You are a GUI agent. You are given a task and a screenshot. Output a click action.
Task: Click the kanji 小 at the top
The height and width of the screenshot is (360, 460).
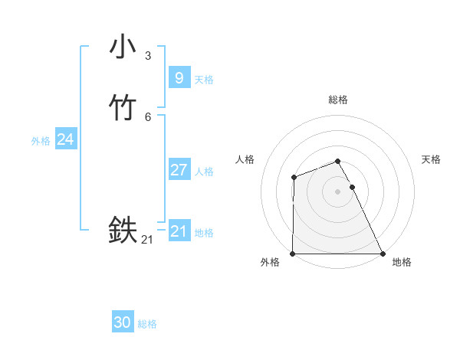click(123, 47)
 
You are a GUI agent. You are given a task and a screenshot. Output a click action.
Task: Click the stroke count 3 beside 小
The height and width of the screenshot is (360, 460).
click(148, 55)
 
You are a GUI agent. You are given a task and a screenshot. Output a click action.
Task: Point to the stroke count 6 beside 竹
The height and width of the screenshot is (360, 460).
click(148, 116)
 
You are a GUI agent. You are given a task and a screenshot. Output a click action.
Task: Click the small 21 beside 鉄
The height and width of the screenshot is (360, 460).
click(147, 240)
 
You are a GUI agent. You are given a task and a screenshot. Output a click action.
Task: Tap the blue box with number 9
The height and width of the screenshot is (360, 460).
click(179, 77)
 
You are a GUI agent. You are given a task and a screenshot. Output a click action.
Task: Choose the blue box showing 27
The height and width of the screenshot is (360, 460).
click(179, 169)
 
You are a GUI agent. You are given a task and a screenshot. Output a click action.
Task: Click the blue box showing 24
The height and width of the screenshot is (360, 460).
click(65, 139)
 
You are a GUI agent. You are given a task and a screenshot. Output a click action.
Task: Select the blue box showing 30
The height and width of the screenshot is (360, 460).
click(123, 322)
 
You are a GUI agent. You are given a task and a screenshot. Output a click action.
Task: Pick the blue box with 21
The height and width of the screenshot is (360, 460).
click(179, 231)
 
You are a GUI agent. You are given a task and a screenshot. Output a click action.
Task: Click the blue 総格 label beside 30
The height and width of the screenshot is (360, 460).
click(147, 324)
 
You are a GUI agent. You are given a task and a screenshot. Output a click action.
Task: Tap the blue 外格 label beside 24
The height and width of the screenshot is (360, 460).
click(41, 140)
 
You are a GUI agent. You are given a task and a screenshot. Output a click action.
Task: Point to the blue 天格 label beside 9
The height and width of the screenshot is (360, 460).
click(204, 79)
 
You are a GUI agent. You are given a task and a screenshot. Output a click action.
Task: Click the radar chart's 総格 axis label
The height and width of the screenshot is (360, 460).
click(338, 100)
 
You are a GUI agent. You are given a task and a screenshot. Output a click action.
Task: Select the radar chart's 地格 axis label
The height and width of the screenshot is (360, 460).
click(402, 263)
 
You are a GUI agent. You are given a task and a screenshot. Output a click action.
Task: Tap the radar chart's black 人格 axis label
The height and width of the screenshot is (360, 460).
click(245, 159)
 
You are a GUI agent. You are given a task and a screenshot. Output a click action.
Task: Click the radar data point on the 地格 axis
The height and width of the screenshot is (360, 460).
click(383, 254)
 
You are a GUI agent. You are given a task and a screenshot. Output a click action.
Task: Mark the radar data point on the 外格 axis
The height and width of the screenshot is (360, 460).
click(293, 254)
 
